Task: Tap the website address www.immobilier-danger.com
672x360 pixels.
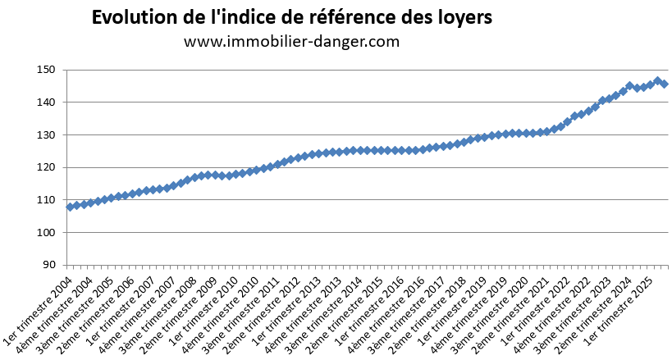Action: click(291, 42)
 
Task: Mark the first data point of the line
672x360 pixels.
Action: click(71, 207)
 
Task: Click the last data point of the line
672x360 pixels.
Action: click(664, 84)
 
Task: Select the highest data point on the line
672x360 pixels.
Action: click(657, 81)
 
